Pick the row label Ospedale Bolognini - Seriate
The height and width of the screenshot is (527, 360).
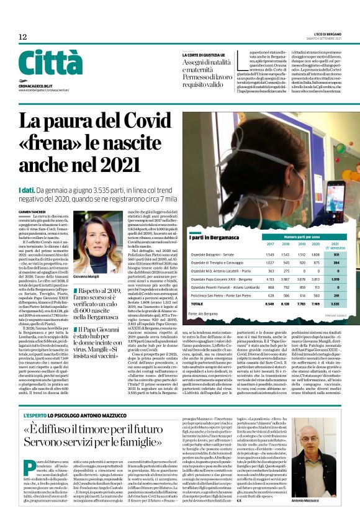217,254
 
